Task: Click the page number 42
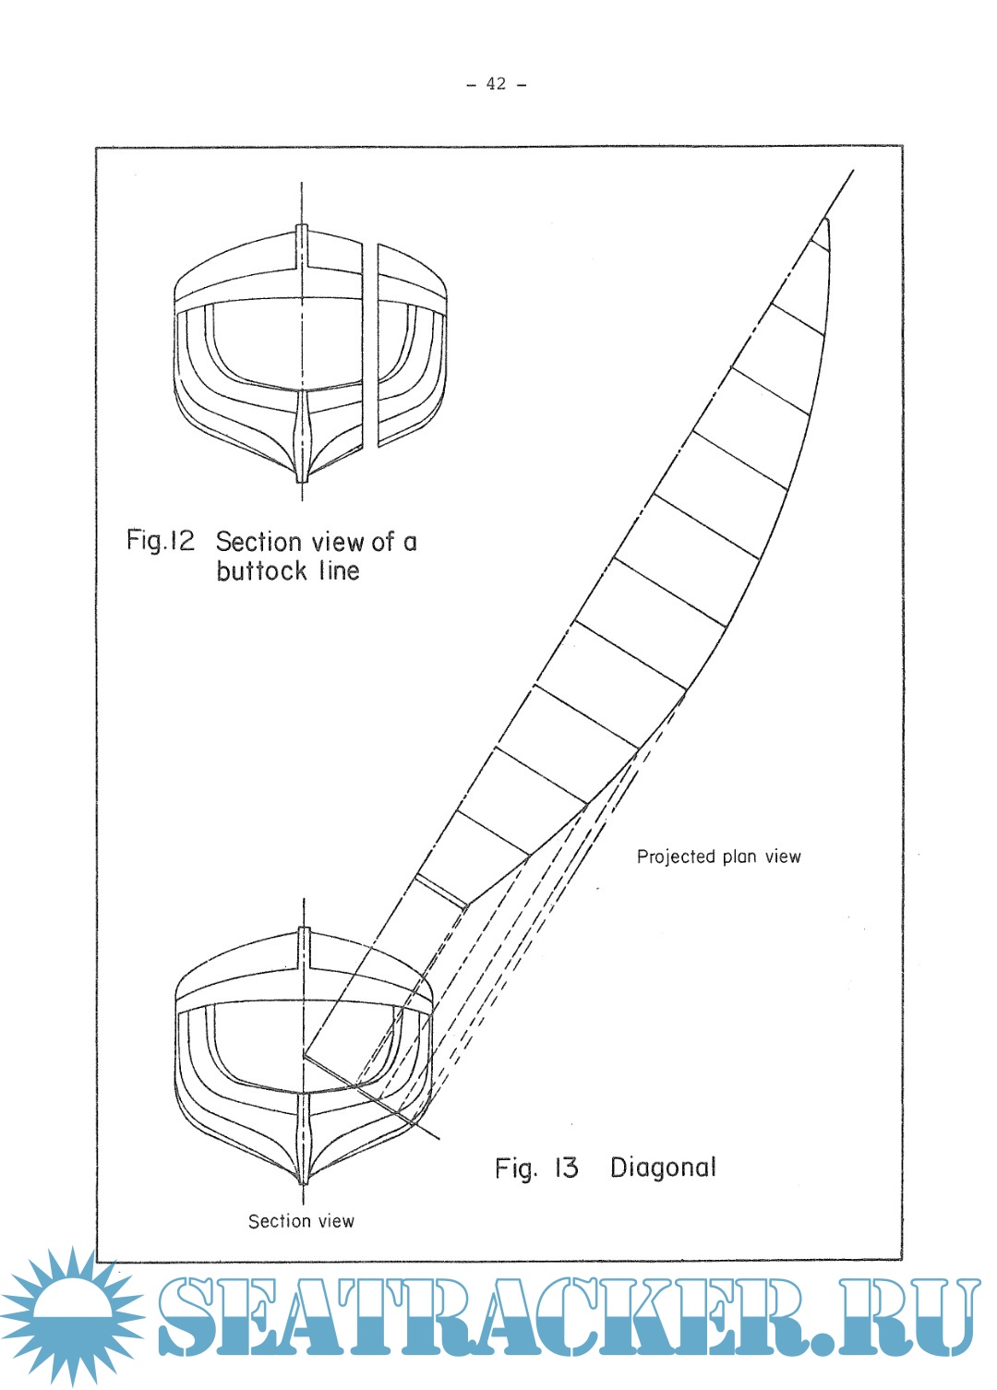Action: pos(497,84)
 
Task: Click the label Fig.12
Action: pos(161,540)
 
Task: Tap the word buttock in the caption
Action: pos(261,571)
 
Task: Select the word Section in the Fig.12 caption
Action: pos(258,542)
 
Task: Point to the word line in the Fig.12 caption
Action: pos(339,571)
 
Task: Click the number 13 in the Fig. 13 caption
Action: pos(566,1168)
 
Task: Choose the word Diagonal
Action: pos(663,1168)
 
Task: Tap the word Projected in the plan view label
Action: pos(676,857)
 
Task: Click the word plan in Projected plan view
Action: pos(739,857)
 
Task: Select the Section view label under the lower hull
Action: pos(301,1221)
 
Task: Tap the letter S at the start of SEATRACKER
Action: pos(189,1317)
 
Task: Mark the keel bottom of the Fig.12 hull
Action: pos(302,477)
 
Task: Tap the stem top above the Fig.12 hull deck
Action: pos(302,230)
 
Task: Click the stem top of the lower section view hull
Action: pos(304,931)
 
